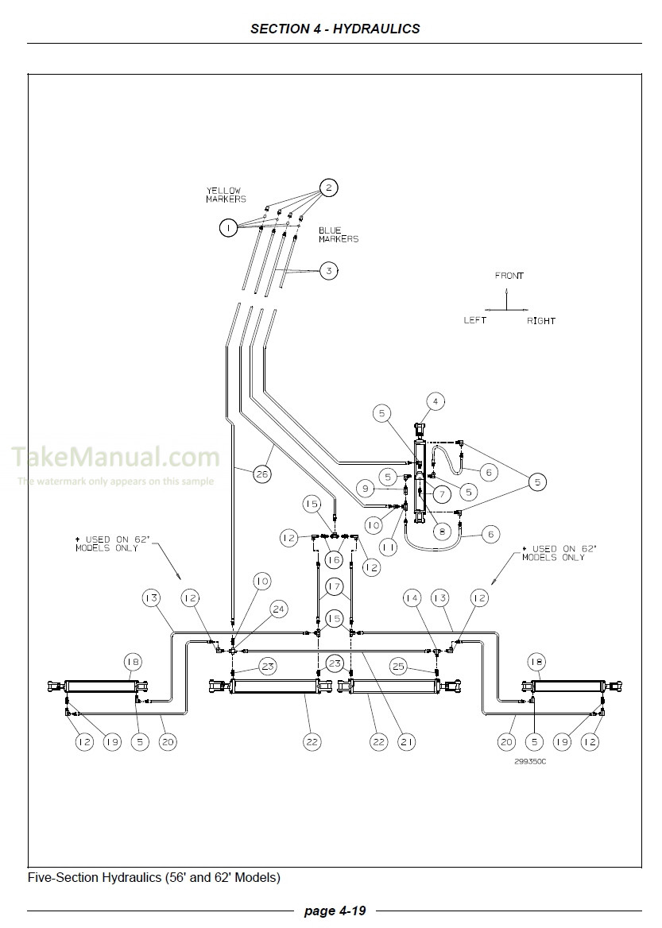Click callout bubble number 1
click(x=228, y=228)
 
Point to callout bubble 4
click(x=435, y=401)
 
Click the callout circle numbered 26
click(x=261, y=474)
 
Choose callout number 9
click(x=365, y=488)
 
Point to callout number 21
click(x=408, y=742)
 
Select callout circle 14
click(x=411, y=597)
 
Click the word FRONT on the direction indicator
click(x=509, y=276)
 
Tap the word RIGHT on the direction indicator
click(x=540, y=321)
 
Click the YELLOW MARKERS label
click(x=226, y=195)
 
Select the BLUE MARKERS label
click(x=339, y=234)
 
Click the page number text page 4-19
click(x=331, y=911)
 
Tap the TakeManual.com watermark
click(x=115, y=457)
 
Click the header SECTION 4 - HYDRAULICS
click(x=335, y=29)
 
